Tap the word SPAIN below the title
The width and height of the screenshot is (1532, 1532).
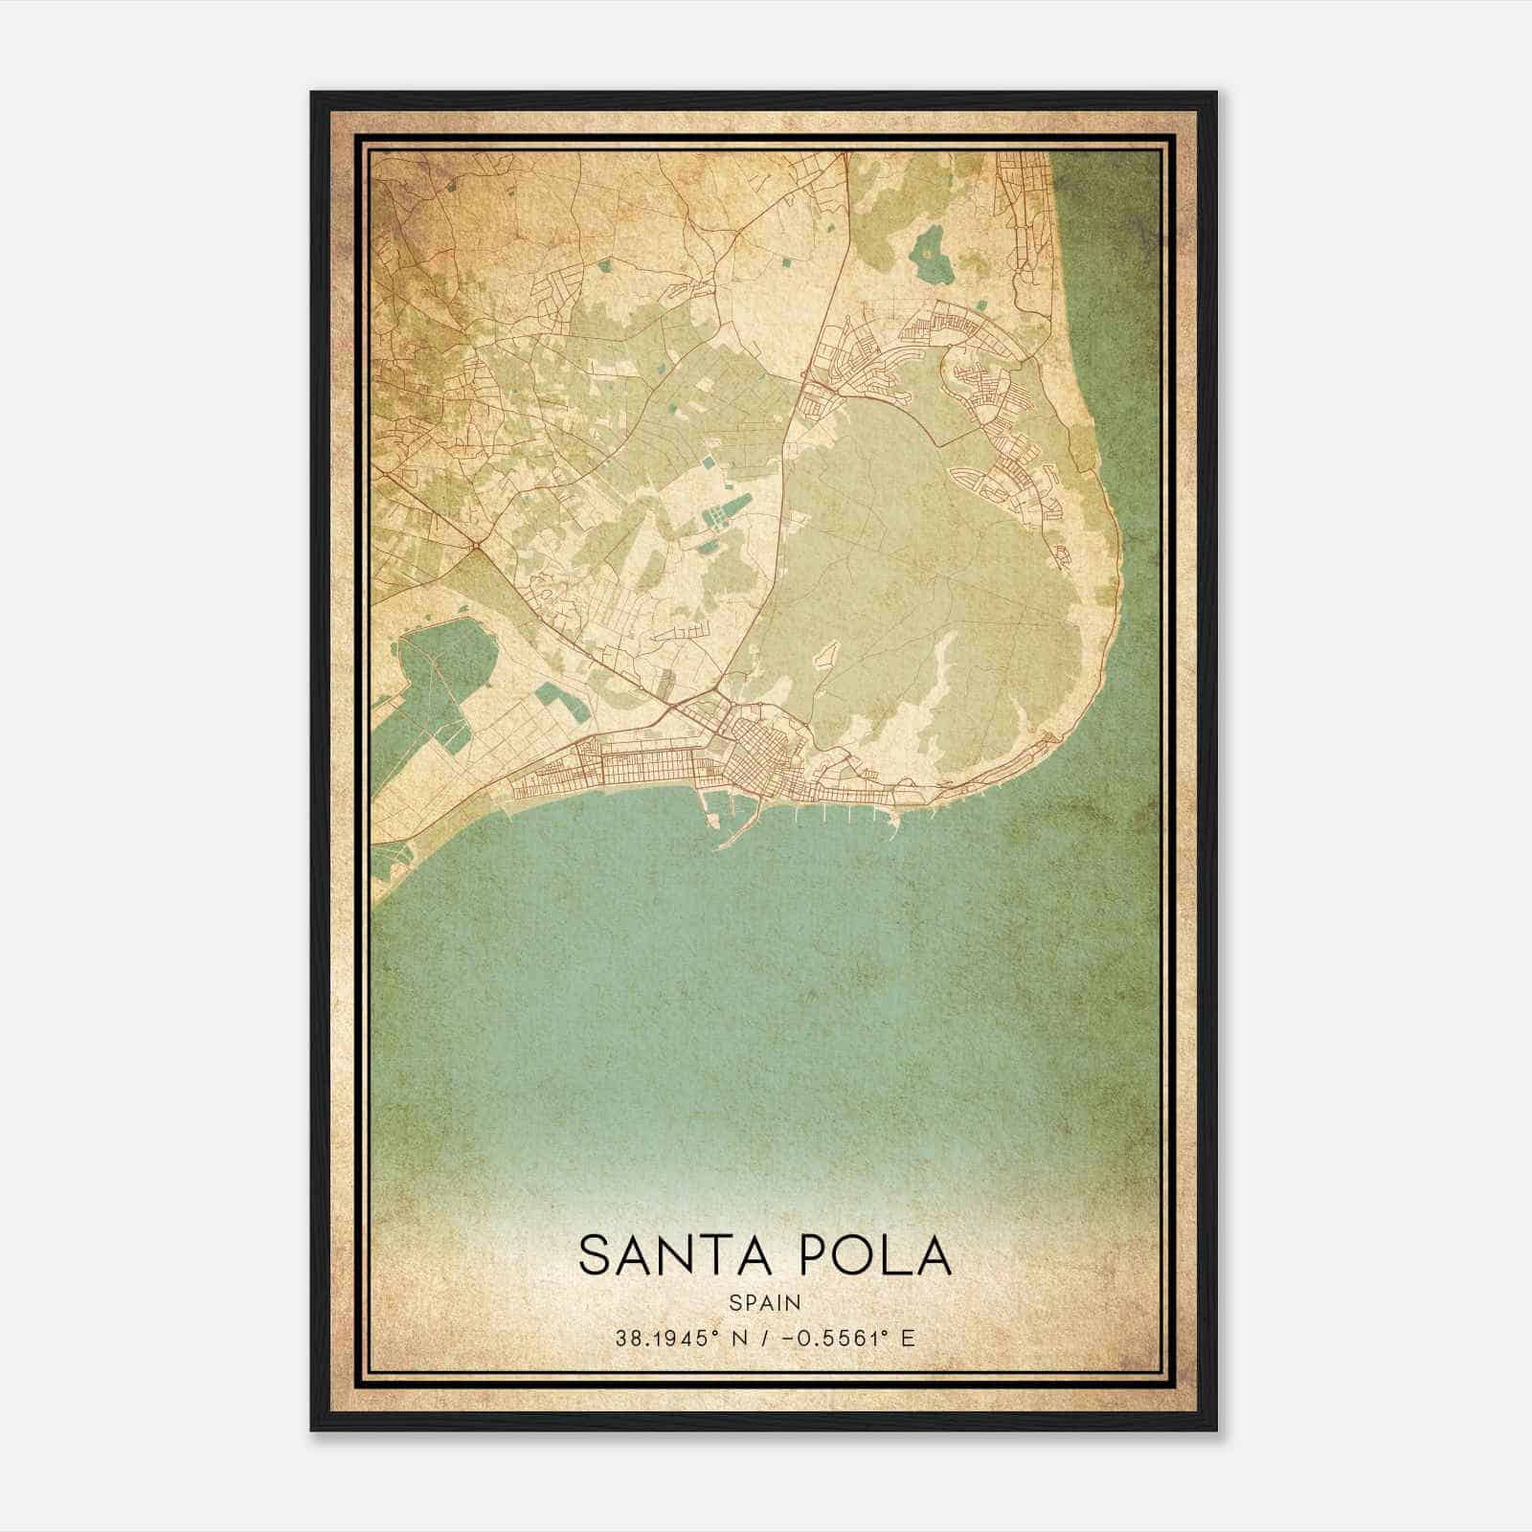point(765,1302)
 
